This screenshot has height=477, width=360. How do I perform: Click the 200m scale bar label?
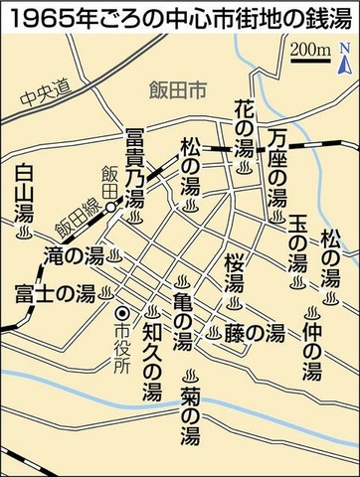[x=311, y=49]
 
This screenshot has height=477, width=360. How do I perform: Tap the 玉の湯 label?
[x=295, y=241]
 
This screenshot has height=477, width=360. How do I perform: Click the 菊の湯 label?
[x=188, y=405]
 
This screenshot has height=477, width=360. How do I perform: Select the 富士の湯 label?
[x=54, y=292]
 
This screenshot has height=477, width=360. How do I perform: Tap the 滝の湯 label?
[x=75, y=255]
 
